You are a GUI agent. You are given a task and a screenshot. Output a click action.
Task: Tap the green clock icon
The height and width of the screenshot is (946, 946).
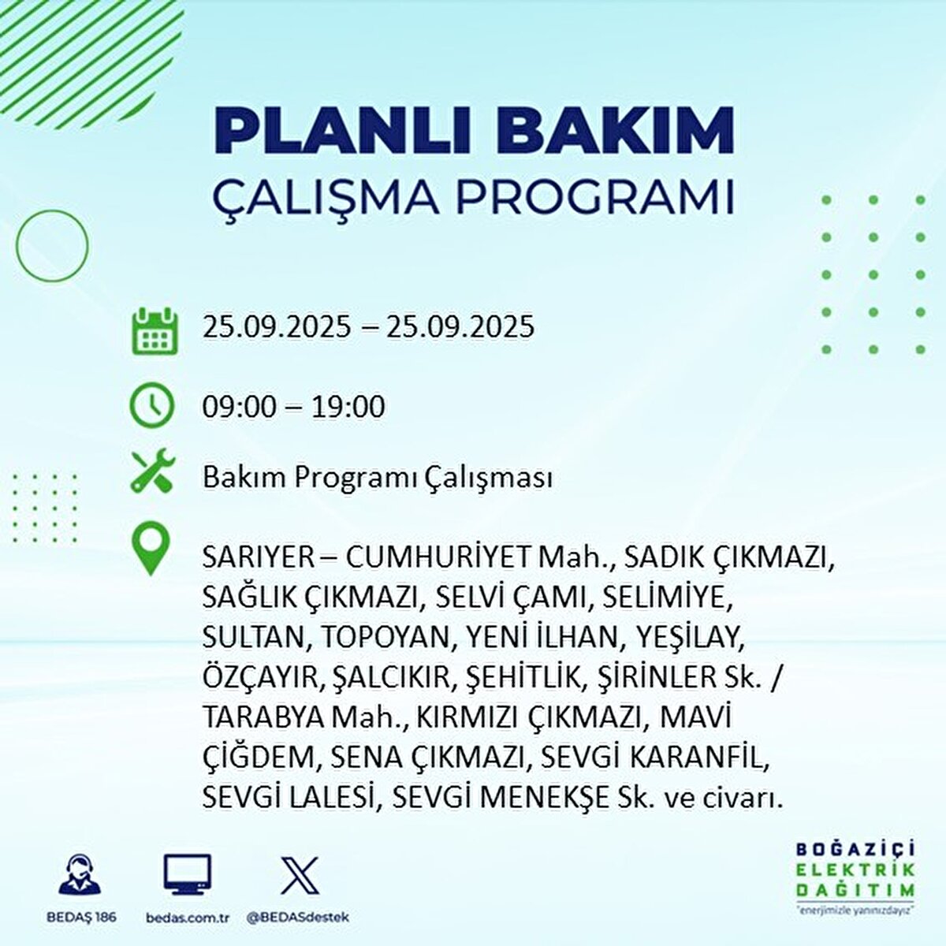(x=151, y=405)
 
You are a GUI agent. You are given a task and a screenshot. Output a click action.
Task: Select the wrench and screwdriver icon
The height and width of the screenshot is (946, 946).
(x=152, y=471)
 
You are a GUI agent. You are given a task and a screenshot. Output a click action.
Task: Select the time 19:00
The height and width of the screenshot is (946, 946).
(x=348, y=407)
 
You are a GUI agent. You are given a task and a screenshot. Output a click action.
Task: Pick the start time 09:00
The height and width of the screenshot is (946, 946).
(x=240, y=407)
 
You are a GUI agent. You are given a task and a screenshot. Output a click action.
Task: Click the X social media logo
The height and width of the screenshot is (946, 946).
(x=300, y=875)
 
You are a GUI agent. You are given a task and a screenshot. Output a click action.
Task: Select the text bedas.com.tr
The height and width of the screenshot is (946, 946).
(x=187, y=918)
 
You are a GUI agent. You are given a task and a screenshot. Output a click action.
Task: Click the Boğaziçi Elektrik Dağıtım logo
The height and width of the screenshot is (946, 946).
(x=855, y=875)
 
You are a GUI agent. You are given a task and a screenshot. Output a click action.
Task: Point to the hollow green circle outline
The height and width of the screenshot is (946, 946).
(x=51, y=246)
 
